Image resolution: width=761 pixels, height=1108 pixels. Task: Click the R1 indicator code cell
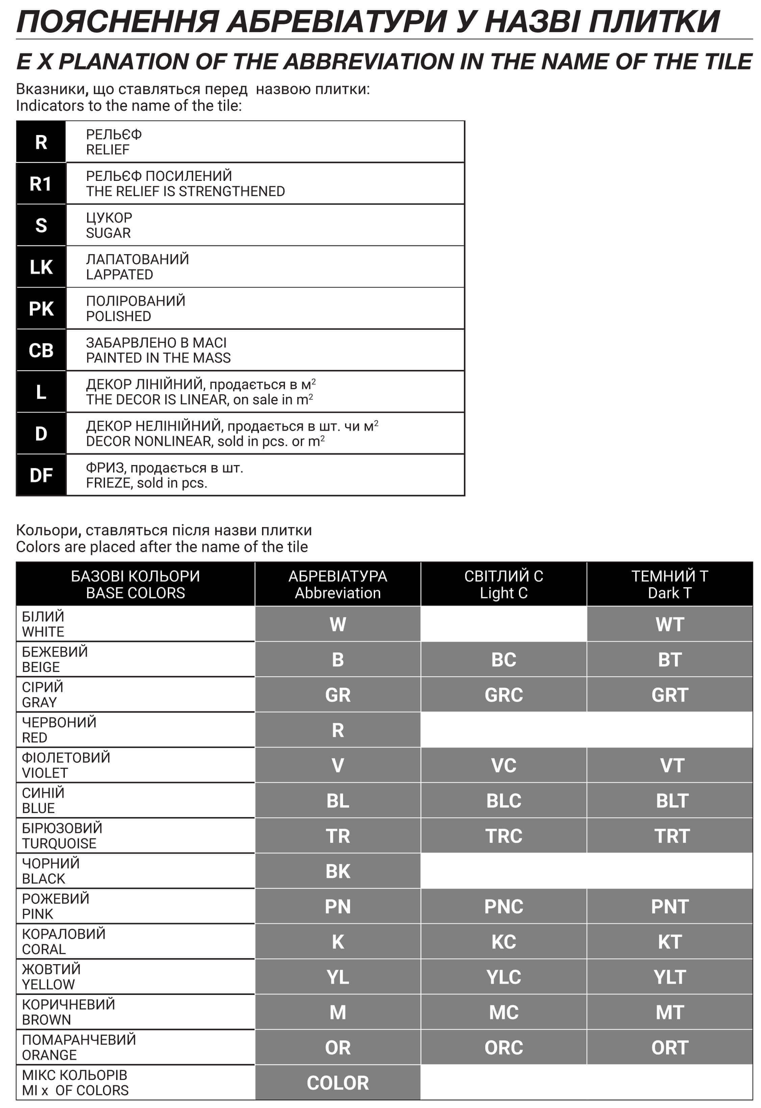pos(41,184)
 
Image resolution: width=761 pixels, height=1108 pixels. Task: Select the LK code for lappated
pos(41,267)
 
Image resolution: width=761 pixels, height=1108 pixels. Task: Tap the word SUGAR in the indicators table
pos(108,233)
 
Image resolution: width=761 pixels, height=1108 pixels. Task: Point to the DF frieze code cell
pos(41,475)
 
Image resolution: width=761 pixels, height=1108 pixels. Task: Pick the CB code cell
pos(41,350)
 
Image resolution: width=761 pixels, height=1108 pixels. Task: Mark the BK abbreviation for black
pos(338,871)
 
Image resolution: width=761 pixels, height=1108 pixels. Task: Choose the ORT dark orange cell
pos(670,1048)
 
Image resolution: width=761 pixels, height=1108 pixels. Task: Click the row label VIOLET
pos(45,773)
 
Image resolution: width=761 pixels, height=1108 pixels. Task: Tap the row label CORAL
pos(44,950)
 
